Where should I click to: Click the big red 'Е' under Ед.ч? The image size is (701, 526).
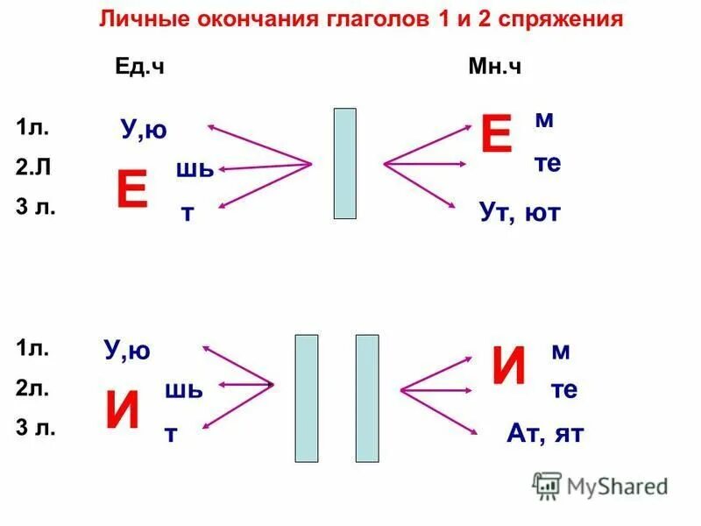coord(131,190)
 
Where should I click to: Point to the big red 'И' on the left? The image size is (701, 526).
coord(123,410)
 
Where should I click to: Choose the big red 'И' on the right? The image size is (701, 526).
coord(509,366)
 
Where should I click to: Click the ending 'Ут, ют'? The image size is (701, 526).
coord(519,211)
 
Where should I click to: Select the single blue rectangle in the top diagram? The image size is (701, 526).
coord(345,163)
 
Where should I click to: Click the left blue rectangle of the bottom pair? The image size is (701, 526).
coord(306,397)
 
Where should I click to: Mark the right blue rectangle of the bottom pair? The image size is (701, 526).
coord(366,397)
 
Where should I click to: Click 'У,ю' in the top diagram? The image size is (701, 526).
coord(144,131)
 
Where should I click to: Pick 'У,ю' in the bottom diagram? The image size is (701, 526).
coord(128,352)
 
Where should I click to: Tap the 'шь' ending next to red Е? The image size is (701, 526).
coord(195,168)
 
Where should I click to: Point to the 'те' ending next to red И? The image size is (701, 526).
coord(564,390)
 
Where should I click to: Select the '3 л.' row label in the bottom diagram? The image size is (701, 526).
coord(34,428)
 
